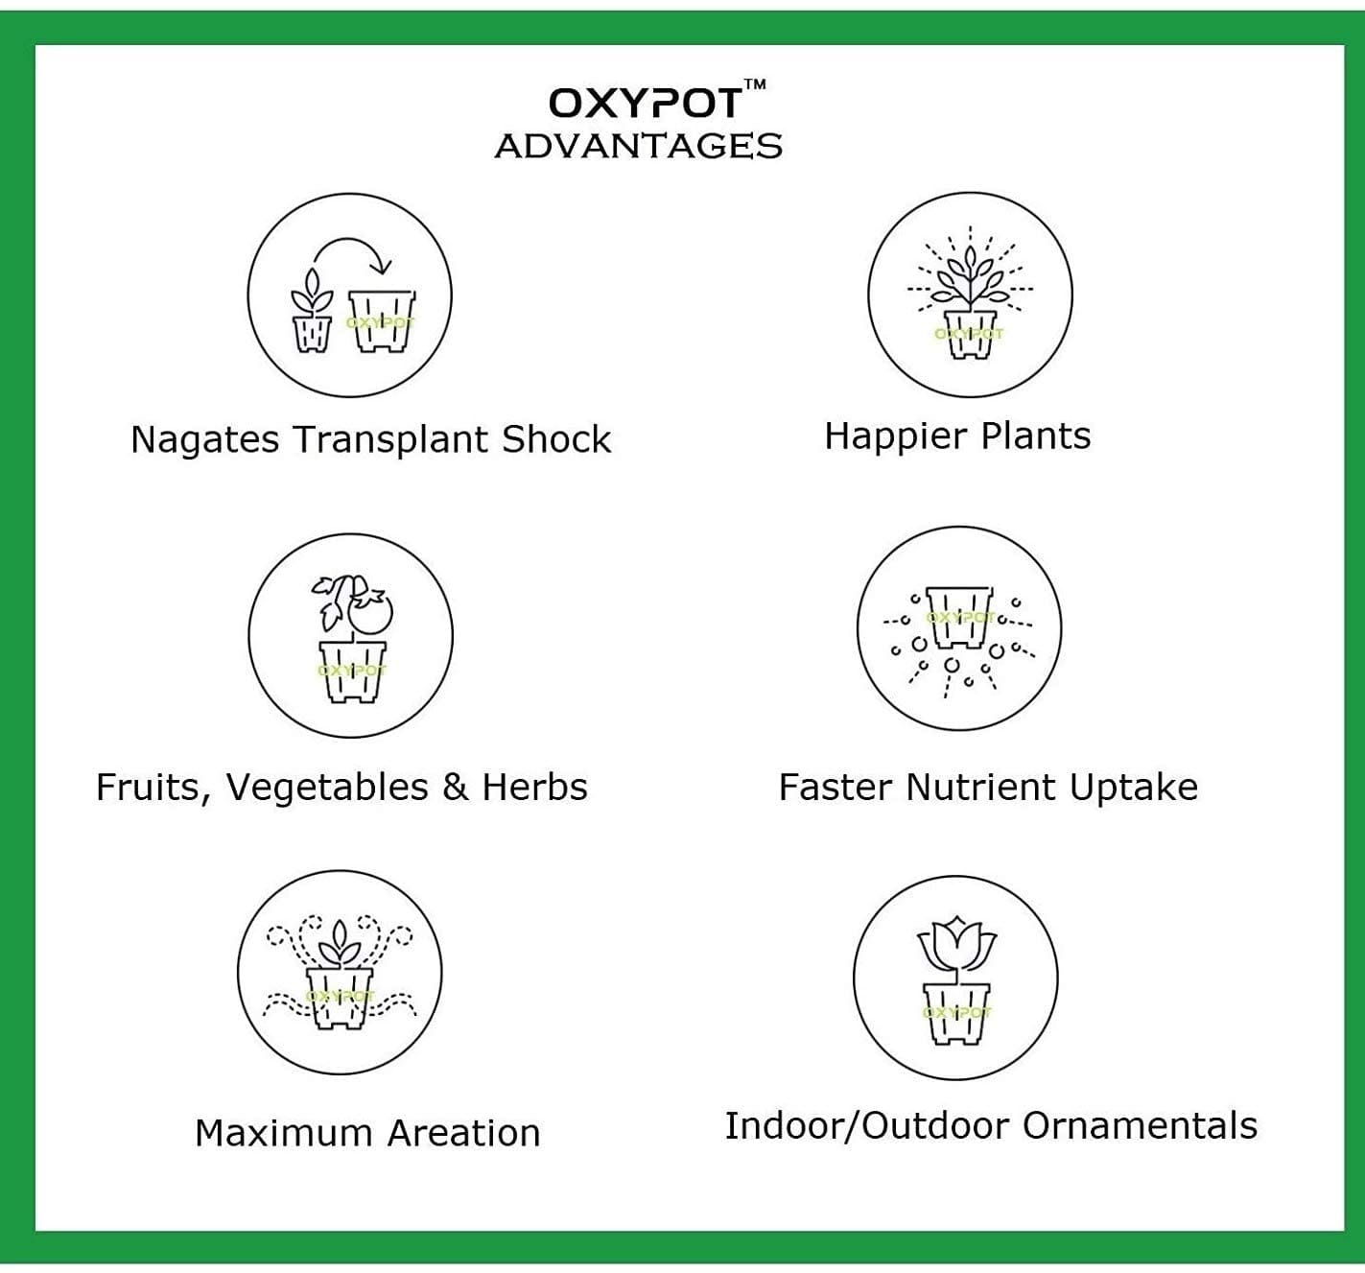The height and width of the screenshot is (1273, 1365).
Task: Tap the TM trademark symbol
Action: click(755, 84)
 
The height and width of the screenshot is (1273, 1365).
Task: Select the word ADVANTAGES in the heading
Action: click(639, 146)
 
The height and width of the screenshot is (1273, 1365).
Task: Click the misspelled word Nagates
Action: click(205, 439)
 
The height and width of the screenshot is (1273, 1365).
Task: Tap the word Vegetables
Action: click(327, 788)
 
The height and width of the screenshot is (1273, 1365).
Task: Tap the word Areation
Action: click(464, 1133)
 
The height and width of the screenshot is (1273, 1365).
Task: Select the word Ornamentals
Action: click(1140, 1126)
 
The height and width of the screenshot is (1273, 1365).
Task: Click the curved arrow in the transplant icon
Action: click(350, 241)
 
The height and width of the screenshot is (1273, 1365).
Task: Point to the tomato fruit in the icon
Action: click(370, 612)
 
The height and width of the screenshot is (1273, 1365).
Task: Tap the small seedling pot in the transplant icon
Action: click(313, 334)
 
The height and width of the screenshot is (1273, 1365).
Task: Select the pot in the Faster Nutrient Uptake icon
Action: click(959, 617)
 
